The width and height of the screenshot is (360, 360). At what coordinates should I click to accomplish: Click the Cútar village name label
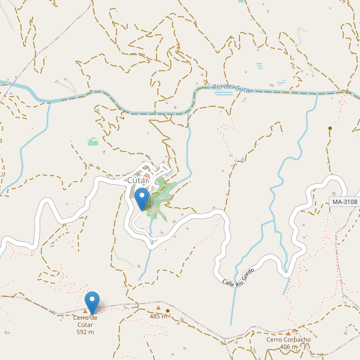point(137,180)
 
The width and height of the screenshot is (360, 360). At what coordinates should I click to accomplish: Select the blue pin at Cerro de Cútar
point(92,302)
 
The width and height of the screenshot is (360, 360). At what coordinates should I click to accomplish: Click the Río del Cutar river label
point(233,89)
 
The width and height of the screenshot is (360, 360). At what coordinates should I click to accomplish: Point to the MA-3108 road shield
point(344,202)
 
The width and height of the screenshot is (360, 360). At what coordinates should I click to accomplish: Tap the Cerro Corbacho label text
point(288,340)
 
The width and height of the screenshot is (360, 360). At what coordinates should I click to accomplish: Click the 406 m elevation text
point(288,347)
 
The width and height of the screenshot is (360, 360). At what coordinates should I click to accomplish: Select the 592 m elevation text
point(85,332)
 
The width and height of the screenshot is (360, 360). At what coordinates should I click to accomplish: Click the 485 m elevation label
point(158,316)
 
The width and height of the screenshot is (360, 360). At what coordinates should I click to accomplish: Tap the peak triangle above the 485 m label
point(158,307)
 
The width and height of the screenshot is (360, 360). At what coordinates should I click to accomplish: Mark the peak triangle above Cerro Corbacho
point(288,333)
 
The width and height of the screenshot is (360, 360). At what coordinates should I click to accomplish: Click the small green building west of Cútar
point(92,142)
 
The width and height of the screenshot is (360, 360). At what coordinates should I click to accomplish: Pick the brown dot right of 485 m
point(169,311)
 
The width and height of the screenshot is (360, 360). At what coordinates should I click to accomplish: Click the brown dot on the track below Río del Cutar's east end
point(330,128)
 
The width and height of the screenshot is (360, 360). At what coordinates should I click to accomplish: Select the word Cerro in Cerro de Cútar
point(81,317)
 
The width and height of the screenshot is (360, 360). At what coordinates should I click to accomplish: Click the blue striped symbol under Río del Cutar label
point(223,92)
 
